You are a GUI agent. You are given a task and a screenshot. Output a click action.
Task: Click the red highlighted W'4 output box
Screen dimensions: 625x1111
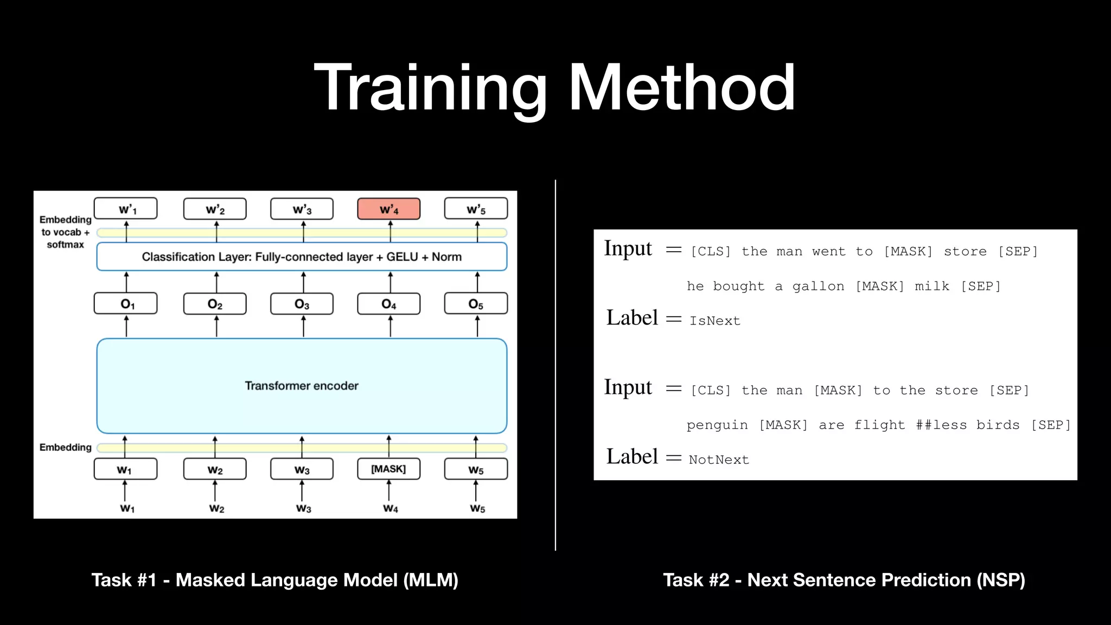pyautogui.click(x=388, y=209)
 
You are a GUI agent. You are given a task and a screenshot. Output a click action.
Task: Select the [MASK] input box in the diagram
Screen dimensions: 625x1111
pyautogui.click(x=388, y=469)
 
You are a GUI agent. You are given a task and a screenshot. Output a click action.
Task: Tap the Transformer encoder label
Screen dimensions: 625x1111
pyautogui.click(x=302, y=386)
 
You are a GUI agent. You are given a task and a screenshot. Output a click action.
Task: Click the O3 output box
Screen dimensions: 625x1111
pyautogui.click(x=302, y=304)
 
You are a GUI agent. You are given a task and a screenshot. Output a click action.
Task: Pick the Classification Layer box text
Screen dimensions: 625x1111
pyautogui.click(x=302, y=257)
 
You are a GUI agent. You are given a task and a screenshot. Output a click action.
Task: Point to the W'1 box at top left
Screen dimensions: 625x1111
pyautogui.click(x=126, y=209)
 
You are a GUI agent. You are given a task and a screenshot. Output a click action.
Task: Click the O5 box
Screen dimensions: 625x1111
pyautogui.click(x=476, y=304)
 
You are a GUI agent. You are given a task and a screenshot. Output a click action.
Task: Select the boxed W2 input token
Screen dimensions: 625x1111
pyautogui.click(x=215, y=469)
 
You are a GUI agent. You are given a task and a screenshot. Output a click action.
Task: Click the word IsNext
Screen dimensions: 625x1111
pyautogui.click(x=714, y=321)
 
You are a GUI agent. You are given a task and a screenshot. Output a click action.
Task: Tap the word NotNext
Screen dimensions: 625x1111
pyautogui.click(x=719, y=460)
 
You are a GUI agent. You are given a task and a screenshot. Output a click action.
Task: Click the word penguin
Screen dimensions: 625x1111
pyautogui.click(x=717, y=425)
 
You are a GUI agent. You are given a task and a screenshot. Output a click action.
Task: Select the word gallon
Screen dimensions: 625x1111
pyautogui.click(x=818, y=286)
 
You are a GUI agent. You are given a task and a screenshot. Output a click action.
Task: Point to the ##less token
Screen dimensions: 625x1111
pyautogui.click(x=941, y=425)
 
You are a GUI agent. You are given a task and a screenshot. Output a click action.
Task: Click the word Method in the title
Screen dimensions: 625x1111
pyautogui.click(x=681, y=88)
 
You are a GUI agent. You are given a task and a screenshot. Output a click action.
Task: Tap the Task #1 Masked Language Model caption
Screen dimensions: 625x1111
pyautogui.click(x=274, y=580)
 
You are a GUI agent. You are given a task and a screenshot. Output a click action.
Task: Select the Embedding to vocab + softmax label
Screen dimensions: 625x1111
pyautogui.click(x=65, y=232)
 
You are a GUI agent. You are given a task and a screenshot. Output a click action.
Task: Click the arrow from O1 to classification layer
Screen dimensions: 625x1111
pyautogui.click(x=126, y=282)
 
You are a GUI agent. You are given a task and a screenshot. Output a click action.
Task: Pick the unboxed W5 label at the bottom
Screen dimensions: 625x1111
pyautogui.click(x=477, y=508)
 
